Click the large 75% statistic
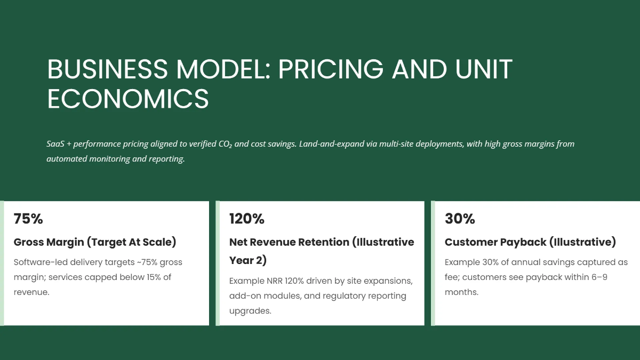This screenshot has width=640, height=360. (28, 219)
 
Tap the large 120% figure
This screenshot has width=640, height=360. (246, 219)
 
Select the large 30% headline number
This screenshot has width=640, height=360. (460, 219)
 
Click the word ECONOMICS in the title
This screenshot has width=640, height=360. (128, 99)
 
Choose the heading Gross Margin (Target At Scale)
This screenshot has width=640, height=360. (94, 242)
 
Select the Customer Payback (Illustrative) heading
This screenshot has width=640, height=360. (530, 242)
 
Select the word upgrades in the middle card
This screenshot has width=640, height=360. (250, 310)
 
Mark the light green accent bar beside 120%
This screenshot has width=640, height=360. (218, 263)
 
